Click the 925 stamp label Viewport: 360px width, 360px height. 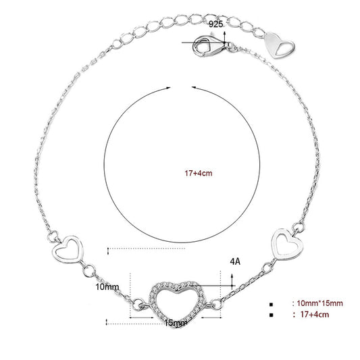tap(215, 24)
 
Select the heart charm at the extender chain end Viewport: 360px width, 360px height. tap(279, 45)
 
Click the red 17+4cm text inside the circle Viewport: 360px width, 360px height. tap(199, 173)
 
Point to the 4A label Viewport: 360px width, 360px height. tap(235, 261)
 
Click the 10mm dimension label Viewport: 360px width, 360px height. tap(107, 287)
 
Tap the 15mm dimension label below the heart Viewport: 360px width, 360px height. tap(176, 323)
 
